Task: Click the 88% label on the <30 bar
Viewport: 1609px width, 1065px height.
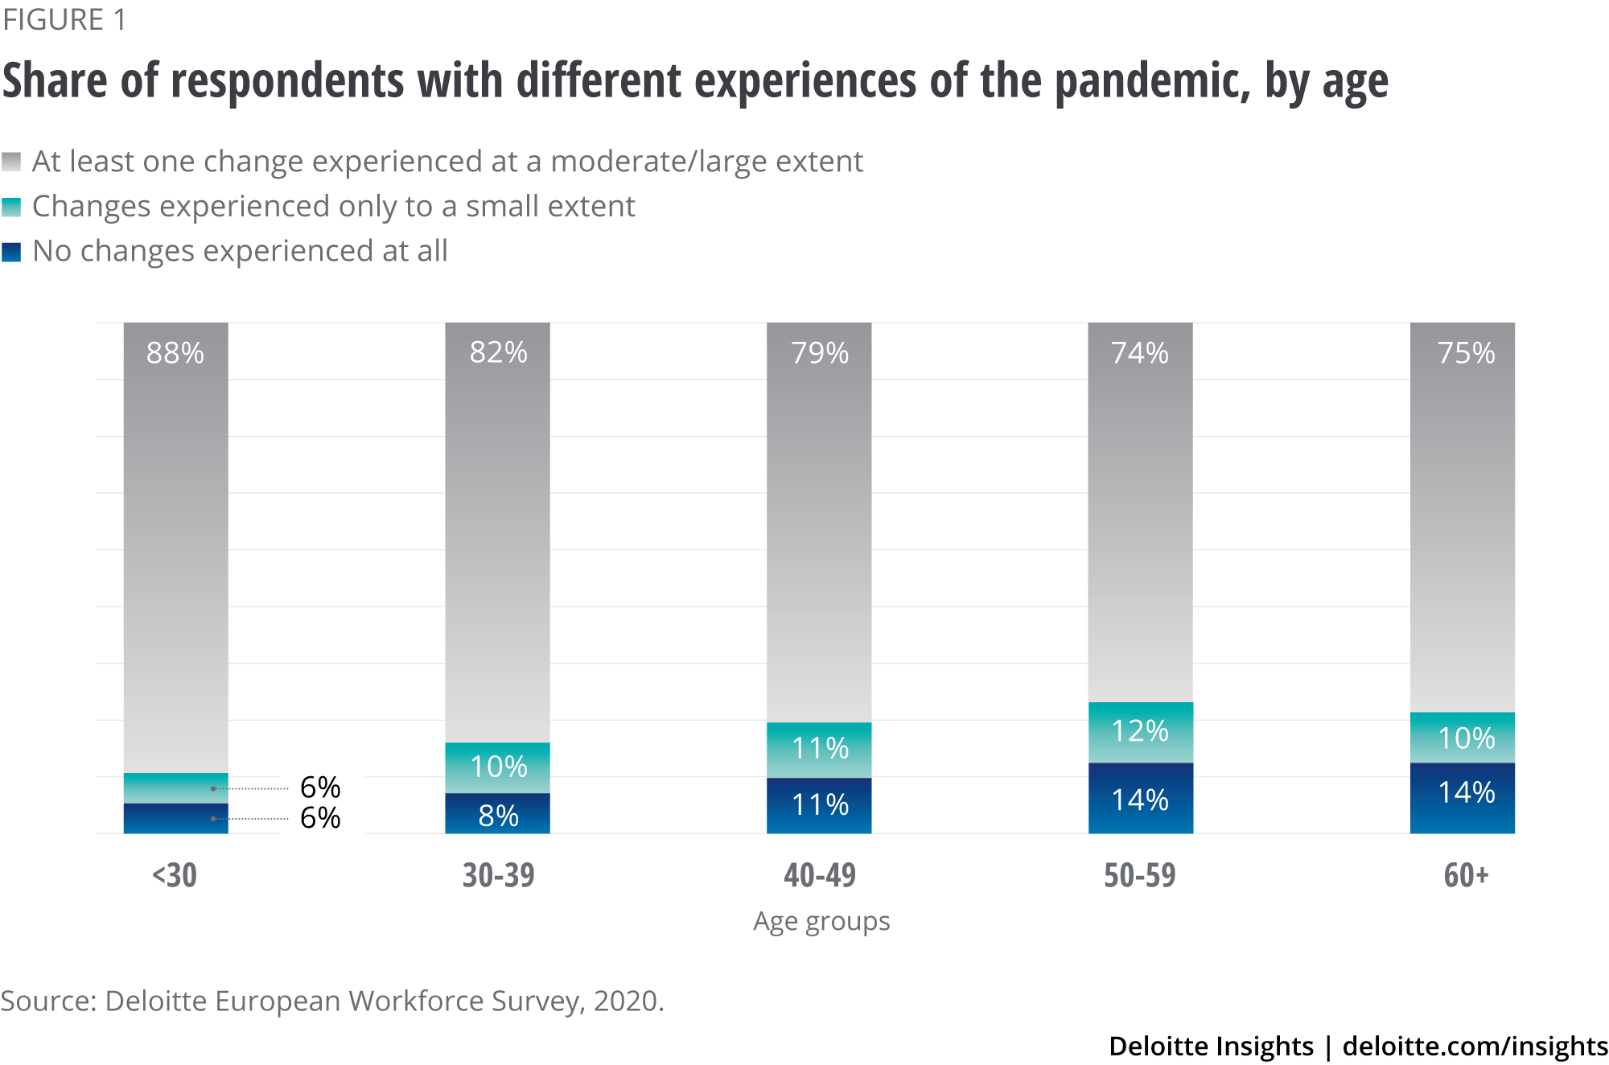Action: pos(175,353)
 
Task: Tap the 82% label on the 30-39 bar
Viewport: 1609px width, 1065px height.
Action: pos(498,352)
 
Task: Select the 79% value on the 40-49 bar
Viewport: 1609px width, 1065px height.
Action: pos(820,353)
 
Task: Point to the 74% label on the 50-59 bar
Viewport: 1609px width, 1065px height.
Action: pos(1140,353)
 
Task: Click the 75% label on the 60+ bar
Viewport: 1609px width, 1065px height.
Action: pos(1466,353)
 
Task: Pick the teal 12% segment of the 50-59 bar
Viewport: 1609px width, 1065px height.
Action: pos(1140,731)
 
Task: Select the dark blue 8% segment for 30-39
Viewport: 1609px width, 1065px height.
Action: pos(498,815)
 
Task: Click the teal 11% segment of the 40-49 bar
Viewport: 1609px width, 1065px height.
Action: pos(820,749)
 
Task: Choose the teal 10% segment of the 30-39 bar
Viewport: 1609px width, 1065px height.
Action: pos(498,767)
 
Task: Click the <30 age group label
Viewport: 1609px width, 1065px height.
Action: pos(175,875)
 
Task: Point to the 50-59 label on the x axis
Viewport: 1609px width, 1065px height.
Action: pos(1140,875)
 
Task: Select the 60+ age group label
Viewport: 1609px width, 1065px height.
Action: pos(1466,875)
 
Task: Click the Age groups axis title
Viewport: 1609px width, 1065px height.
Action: pos(821,921)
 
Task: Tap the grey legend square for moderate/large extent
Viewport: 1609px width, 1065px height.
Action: pos(11,162)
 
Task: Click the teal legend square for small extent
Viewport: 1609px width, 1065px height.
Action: pos(11,207)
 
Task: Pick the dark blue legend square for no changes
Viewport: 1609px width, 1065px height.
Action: pos(11,252)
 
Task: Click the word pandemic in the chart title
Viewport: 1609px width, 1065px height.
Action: pos(1152,82)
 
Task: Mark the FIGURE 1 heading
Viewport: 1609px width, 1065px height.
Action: pos(64,20)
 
